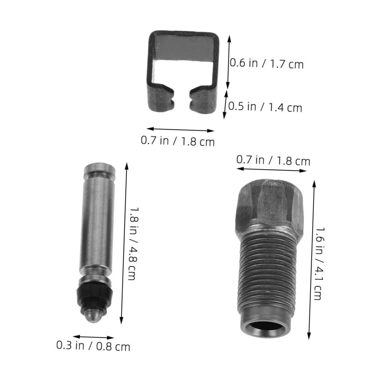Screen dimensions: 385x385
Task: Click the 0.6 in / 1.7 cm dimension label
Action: (x=267, y=64)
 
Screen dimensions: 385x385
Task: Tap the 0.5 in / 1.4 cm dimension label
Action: (x=265, y=107)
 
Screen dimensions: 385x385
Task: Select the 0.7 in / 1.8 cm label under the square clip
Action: (x=178, y=141)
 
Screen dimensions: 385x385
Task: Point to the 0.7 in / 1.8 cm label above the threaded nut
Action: (x=273, y=160)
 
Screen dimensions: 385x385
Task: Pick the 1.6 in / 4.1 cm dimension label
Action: (x=319, y=263)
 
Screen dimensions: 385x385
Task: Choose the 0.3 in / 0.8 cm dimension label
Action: (x=93, y=346)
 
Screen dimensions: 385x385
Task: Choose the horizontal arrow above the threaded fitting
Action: (x=273, y=169)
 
